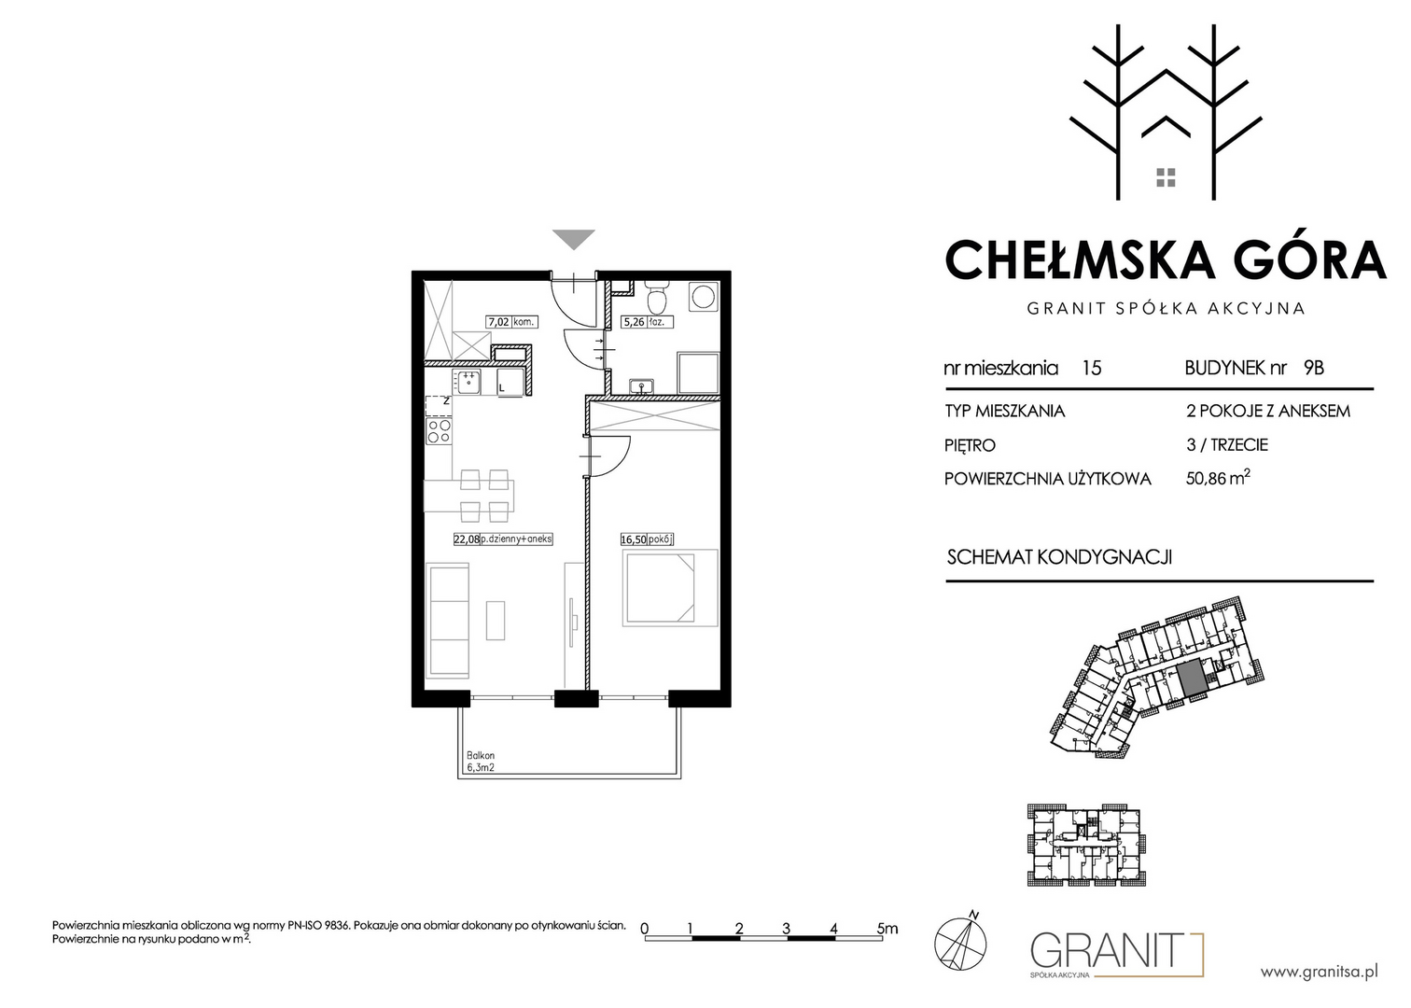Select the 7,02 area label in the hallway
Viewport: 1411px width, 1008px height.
[499, 322]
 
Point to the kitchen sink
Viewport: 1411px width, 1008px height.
[467, 382]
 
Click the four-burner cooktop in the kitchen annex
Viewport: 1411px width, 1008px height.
[439, 431]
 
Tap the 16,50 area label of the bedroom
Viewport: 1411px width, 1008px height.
[633, 539]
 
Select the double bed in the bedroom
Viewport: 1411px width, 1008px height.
[670, 588]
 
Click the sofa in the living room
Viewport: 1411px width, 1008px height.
[449, 621]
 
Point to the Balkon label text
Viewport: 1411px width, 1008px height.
[481, 755]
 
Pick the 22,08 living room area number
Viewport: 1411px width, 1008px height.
[467, 539]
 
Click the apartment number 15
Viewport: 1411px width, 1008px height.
[1092, 368]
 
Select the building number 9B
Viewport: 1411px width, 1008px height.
[1314, 368]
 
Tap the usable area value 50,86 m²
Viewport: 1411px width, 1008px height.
[1218, 478]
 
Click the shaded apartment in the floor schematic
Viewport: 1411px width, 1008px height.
[1190, 679]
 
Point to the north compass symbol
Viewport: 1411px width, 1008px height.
[960, 942]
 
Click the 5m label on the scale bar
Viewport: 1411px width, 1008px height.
[887, 928]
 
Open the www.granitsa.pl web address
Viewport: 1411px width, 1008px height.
[1319, 973]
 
